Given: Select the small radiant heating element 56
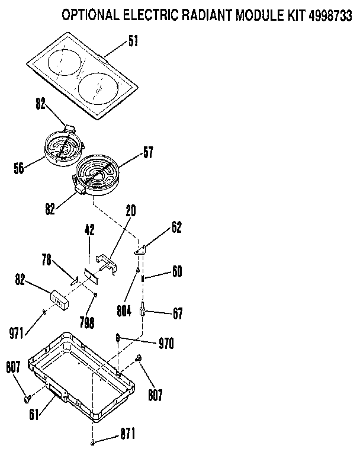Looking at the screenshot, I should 63,148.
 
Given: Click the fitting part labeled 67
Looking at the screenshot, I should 143,310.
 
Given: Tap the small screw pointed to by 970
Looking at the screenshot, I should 118,338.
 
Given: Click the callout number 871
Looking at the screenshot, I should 126,434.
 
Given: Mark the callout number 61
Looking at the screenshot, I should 34,414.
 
